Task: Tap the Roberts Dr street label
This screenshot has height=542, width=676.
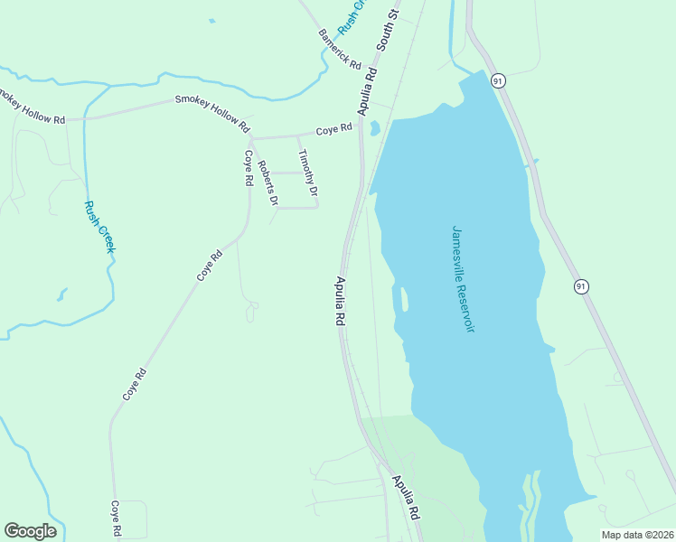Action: click(x=267, y=182)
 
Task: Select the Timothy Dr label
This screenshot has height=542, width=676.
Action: click(x=308, y=173)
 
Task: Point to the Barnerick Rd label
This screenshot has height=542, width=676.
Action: click(x=340, y=51)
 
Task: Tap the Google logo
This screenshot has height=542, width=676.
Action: click(x=30, y=531)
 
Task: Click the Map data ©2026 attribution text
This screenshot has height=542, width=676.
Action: click(x=637, y=535)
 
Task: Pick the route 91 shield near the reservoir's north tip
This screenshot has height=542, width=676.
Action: click(x=498, y=81)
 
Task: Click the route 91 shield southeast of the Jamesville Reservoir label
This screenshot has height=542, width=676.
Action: click(x=581, y=286)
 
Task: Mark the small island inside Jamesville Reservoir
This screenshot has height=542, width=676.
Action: click(x=403, y=297)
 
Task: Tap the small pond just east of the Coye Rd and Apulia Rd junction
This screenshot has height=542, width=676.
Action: click(x=374, y=128)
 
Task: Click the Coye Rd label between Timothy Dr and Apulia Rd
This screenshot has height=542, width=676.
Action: click(x=333, y=130)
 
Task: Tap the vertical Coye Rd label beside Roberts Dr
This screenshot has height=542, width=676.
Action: click(x=247, y=167)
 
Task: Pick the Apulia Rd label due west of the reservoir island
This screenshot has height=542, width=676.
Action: click(x=341, y=301)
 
